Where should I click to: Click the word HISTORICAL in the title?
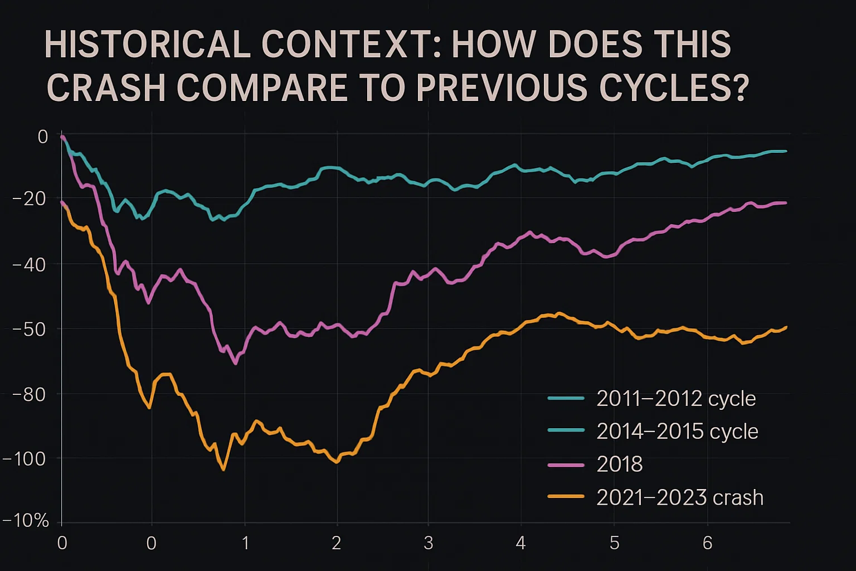147,45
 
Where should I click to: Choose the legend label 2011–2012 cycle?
676,399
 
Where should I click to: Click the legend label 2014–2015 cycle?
677,432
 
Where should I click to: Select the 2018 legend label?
619,464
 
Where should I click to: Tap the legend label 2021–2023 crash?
679,497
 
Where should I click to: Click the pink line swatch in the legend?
566,464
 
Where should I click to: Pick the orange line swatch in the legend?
566,497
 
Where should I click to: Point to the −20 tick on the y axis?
30,199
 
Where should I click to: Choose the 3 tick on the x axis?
428,543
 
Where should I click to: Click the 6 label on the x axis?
707,543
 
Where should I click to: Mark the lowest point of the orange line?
223,470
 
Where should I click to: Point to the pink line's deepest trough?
236,364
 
